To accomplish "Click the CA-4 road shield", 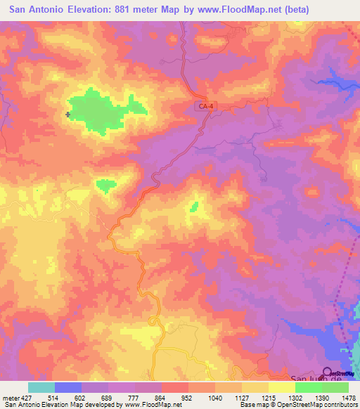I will click(205, 105).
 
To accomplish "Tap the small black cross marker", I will click(68, 114).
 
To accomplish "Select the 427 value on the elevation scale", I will click(27, 397).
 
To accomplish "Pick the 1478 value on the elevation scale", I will click(349, 397).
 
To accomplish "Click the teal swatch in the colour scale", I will click(41, 387).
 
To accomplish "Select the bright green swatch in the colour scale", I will click(308, 387).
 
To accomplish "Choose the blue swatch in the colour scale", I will click(67, 387).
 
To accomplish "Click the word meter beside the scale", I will click(10, 397).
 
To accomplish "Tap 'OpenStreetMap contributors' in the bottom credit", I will click(319, 405).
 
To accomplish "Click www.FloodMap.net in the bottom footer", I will click(150, 405).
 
